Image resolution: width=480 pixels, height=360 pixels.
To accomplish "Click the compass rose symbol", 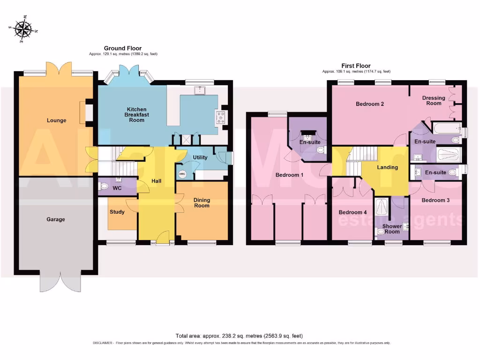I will [22, 30].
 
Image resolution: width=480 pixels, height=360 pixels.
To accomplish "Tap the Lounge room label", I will [56, 120].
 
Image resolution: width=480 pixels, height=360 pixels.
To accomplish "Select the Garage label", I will [56, 219].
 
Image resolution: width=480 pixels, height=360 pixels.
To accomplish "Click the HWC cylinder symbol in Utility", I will [182, 174].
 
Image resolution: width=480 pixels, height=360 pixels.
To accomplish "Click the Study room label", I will [117, 212].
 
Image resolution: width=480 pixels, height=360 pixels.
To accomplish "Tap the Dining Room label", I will [202, 203].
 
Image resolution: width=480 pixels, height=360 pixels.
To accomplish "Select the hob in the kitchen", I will [220, 116].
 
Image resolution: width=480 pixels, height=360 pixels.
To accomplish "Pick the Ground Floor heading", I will [123, 48].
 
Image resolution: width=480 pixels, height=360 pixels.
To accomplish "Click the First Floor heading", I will [356, 66].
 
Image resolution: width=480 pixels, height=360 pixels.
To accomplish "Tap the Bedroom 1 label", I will [289, 175].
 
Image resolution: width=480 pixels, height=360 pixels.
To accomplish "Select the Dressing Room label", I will [434, 100].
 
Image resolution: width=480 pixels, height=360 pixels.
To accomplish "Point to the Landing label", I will [388, 167].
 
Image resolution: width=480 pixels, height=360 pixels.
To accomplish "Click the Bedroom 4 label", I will [353, 212].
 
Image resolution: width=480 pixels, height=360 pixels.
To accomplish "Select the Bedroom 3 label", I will [435, 200].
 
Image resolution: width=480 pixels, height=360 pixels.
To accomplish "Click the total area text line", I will [239, 336].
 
